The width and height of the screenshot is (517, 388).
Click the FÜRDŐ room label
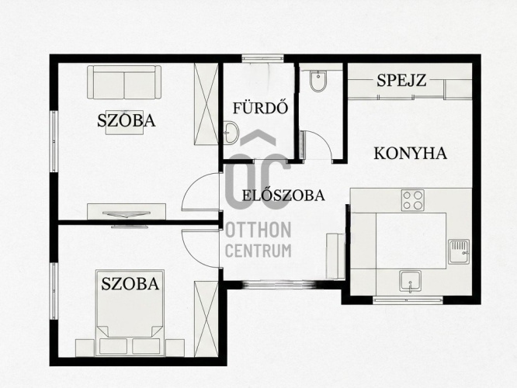261,108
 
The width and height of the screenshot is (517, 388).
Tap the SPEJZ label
401,80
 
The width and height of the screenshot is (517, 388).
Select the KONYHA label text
410,154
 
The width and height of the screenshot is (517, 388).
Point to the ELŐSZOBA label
283,195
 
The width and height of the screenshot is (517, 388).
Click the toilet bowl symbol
318,81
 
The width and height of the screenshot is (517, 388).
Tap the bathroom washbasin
231,133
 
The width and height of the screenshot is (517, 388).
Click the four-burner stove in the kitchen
412,200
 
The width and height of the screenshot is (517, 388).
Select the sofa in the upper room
124,82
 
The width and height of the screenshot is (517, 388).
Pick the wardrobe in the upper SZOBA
206,104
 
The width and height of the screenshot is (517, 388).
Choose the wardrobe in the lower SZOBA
206,319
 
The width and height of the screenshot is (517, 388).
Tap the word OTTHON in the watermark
258,230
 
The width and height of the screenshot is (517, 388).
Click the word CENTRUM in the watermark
258,251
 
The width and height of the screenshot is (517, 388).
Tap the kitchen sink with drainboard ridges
459,251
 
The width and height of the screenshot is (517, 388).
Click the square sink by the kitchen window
410,282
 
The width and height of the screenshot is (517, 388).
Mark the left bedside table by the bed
85,348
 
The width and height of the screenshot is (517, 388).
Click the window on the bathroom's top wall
262,58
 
